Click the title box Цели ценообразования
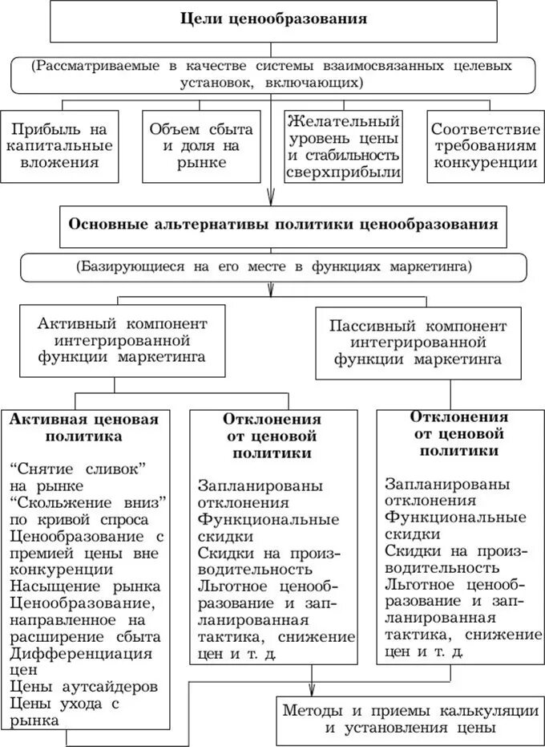272,21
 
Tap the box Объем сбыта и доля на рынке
200,144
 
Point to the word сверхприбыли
345,173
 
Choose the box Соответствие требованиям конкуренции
484,144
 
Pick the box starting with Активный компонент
122,340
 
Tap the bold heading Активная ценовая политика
84,428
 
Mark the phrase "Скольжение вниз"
88,501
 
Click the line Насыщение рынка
85,587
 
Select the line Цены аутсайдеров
83,688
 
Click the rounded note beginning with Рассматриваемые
272,74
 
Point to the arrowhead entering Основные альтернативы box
272,201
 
